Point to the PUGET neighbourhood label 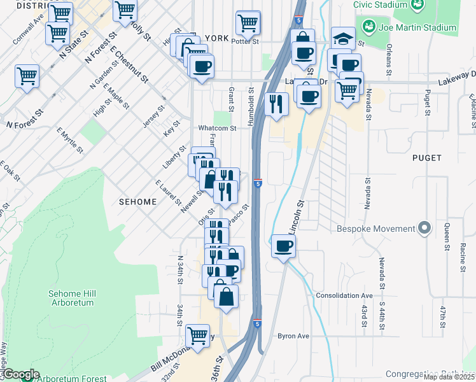tap(426, 157)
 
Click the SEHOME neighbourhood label tap(137, 202)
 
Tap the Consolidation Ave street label tap(344, 296)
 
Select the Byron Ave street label tap(293, 336)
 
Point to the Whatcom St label tap(217, 128)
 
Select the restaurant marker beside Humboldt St tap(276, 104)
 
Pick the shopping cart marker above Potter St tap(248, 23)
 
